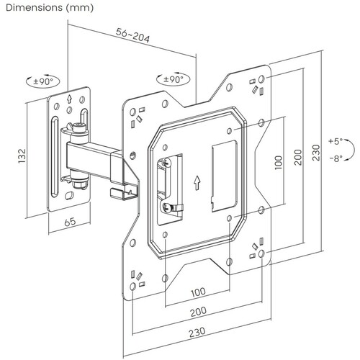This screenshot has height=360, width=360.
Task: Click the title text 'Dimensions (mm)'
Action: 50,8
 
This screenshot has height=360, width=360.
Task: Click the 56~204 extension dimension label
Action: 132,35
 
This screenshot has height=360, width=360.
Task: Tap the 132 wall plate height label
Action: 22,156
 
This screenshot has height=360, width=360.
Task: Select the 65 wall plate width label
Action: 70,222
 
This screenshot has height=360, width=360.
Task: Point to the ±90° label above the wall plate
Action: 43,81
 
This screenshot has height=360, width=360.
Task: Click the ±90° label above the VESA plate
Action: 174,79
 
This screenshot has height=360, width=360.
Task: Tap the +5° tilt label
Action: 336,141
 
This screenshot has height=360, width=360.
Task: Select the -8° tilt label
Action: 336,158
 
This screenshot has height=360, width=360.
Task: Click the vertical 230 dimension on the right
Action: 316,153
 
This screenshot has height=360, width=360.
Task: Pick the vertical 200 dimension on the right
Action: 298,157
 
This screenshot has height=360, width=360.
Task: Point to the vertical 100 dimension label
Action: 279,163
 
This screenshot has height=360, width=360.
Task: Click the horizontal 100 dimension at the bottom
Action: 198,292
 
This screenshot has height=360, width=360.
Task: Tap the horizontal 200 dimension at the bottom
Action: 198,312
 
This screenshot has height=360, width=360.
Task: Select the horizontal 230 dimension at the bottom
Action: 197,332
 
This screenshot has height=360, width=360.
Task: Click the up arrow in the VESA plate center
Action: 197,183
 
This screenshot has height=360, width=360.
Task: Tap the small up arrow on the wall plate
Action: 70,99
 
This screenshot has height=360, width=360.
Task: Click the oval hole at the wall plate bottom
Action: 70,195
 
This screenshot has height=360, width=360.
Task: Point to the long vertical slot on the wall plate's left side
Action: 55,157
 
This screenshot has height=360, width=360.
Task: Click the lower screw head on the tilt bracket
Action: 166,207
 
